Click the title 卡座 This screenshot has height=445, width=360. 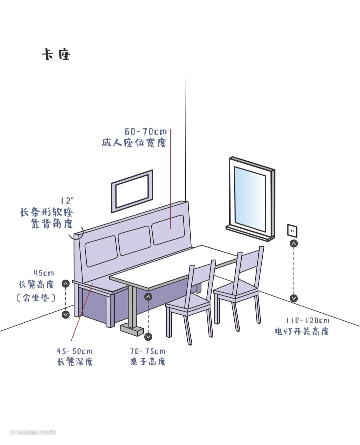(56, 54)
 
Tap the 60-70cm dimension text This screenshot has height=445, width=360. (146, 132)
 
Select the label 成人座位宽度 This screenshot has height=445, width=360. (134, 143)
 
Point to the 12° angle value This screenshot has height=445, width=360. (67, 200)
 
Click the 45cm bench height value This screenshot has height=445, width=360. (44, 273)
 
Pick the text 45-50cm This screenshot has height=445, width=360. (75, 351)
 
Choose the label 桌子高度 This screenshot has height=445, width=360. (148, 362)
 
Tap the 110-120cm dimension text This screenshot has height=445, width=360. (307, 321)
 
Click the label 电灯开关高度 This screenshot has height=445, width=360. (302, 331)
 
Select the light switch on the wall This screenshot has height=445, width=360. (292, 231)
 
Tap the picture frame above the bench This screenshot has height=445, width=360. (132, 191)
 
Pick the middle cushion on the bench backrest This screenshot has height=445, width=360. (134, 241)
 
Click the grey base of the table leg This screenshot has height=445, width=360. (132, 330)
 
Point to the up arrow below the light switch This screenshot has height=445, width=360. (294, 244)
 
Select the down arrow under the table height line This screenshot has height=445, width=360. (148, 337)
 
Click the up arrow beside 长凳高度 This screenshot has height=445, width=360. (66, 284)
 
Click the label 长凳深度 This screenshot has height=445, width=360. (75, 362)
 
